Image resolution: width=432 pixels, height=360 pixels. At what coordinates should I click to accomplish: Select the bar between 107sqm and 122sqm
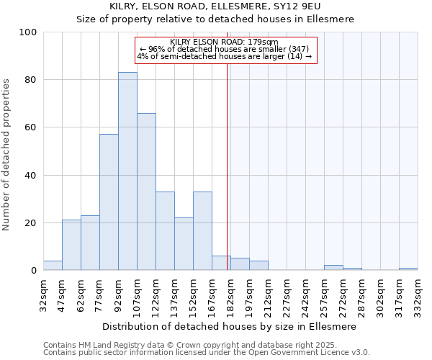(146, 192)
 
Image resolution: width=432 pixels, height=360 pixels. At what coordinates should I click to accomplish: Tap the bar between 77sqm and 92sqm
(109, 202)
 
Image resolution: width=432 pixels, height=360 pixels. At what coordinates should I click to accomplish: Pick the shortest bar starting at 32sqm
(53, 266)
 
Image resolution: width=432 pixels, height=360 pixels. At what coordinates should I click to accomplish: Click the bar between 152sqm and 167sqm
(202, 231)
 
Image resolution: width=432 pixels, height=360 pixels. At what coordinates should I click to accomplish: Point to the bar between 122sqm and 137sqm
(165, 231)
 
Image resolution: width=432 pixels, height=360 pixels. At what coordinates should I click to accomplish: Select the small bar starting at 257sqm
(333, 268)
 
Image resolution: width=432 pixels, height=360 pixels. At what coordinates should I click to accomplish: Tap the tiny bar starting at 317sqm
(408, 269)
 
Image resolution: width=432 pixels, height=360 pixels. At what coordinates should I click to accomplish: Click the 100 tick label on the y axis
(28, 32)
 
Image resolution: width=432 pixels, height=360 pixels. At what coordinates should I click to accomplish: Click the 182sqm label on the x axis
(230, 294)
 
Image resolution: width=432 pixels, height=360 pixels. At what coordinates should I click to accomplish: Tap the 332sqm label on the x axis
(418, 294)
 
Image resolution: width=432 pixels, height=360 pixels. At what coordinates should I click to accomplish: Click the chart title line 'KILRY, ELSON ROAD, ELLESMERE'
(217, 6)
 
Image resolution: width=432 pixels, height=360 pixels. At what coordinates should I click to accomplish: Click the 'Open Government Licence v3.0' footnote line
(207, 353)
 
